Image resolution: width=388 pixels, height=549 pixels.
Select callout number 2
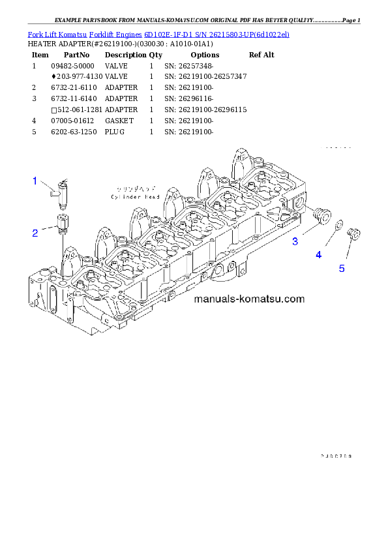(x=35, y=232)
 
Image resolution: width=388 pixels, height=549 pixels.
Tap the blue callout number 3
(x=295, y=241)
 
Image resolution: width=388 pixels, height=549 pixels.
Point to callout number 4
(x=318, y=255)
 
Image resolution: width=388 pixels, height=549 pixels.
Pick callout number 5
(x=342, y=268)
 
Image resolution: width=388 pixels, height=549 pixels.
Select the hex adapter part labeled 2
(x=62, y=223)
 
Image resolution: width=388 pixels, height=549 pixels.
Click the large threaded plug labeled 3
(x=320, y=215)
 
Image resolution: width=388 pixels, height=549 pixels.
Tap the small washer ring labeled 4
(x=339, y=226)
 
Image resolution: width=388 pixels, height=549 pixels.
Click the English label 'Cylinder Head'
(x=135, y=196)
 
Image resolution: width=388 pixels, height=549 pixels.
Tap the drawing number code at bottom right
(x=336, y=456)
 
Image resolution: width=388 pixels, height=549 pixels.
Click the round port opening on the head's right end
(x=300, y=205)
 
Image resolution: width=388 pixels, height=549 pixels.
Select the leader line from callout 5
(x=347, y=253)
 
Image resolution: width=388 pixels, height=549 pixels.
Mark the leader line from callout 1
(x=48, y=187)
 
